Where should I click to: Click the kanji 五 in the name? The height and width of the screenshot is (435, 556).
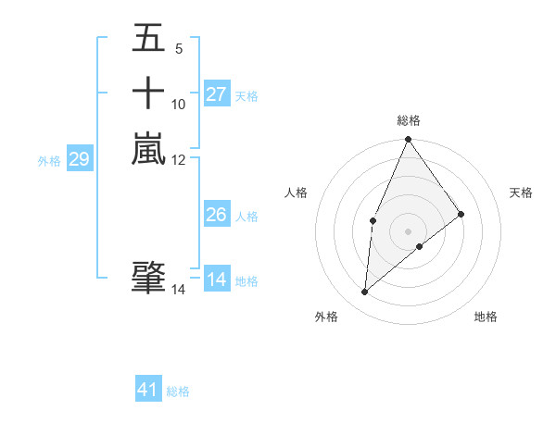pyautogui.click(x=149, y=39)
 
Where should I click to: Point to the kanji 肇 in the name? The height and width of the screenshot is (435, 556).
pyautogui.click(x=149, y=278)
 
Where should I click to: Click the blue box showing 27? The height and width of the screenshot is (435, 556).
pyautogui.click(x=217, y=94)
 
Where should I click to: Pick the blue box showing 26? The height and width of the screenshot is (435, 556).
pyautogui.click(x=217, y=215)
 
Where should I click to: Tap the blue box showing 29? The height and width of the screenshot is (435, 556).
pyautogui.click(x=79, y=160)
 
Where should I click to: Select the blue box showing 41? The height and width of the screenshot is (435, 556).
pyautogui.click(x=148, y=390)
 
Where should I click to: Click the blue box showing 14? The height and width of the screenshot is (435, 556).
pyautogui.click(x=217, y=280)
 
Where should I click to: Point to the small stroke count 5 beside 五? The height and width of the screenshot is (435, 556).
pyautogui.click(x=178, y=49)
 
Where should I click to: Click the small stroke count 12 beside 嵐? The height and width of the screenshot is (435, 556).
pyautogui.click(x=179, y=159)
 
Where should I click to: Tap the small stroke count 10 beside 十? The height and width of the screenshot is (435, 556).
pyautogui.click(x=179, y=104)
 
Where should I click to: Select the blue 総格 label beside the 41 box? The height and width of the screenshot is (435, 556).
pyautogui.click(x=178, y=391)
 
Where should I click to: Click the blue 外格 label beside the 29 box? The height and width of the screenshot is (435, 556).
pyautogui.click(x=49, y=161)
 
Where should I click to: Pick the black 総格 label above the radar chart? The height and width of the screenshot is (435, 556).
pyautogui.click(x=409, y=120)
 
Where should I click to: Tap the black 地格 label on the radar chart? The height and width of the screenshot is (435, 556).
pyautogui.click(x=486, y=317)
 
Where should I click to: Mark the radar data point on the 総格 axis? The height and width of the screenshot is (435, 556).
pyautogui.click(x=409, y=140)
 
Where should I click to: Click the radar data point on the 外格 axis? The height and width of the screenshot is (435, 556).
pyautogui.click(x=365, y=292)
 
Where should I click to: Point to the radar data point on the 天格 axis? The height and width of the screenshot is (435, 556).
pyautogui.click(x=461, y=214)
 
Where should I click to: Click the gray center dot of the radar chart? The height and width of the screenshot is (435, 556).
pyautogui.click(x=409, y=230)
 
